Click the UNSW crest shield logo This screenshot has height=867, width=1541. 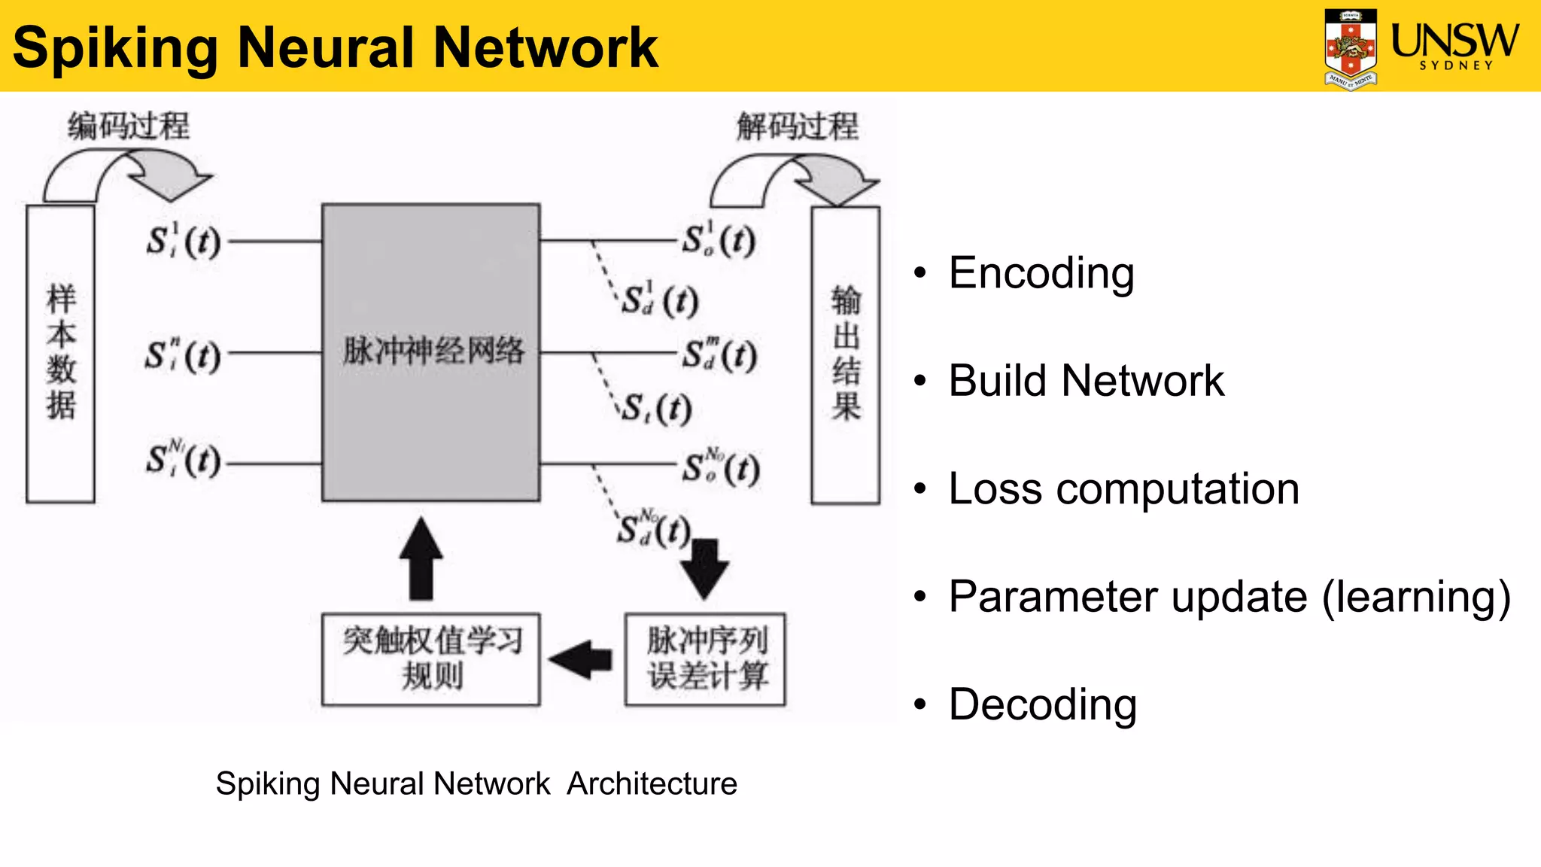[1351, 47]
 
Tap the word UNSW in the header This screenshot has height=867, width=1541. [1454, 39]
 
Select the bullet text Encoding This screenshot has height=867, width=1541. [1041, 272]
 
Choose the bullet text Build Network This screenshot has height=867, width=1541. [1086, 380]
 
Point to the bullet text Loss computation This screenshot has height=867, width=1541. [1123, 488]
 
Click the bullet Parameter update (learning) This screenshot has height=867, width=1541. [1229, 597]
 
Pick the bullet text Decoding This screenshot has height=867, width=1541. [1042, 704]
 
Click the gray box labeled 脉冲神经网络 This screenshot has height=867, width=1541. [431, 351]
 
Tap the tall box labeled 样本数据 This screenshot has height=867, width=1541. [60, 353]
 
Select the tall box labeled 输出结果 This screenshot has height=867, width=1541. [846, 354]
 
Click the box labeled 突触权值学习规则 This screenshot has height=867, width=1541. [431, 659]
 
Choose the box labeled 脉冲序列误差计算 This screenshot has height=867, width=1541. [705, 659]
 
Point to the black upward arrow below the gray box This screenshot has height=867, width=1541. [421, 558]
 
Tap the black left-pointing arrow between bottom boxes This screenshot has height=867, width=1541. [582, 660]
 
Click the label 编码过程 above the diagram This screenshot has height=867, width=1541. [129, 126]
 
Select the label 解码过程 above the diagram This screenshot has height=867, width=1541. [797, 126]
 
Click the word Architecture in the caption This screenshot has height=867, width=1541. [652, 783]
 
